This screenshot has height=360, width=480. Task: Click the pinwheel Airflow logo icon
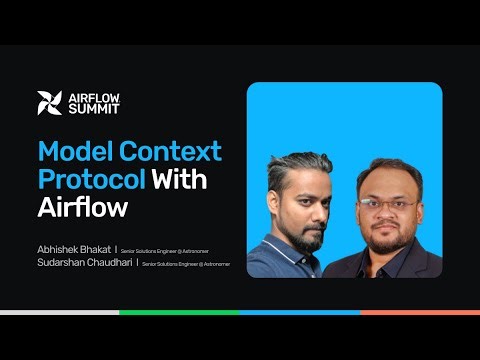[x=49, y=103]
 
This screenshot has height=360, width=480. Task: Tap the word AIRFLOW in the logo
[x=93, y=97]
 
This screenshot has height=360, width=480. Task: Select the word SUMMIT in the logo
[x=90, y=109]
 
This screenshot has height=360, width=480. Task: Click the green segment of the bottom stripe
[x=180, y=313]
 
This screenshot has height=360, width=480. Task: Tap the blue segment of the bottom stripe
[x=300, y=313]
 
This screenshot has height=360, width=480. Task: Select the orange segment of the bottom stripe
[x=420, y=313]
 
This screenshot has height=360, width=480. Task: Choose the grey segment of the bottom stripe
[x=60, y=313]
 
